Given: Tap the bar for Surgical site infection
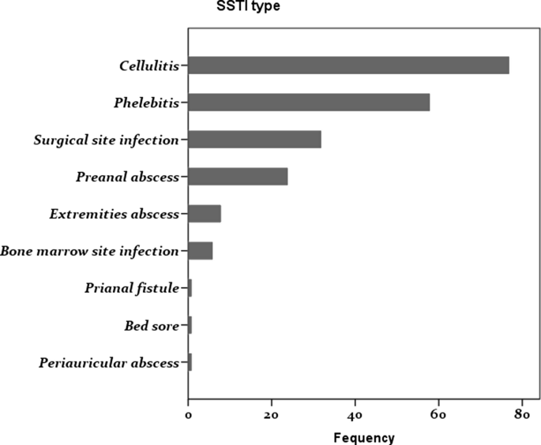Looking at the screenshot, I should (x=254, y=140).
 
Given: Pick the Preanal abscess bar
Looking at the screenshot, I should (x=238, y=177).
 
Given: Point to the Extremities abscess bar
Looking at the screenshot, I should (x=205, y=214).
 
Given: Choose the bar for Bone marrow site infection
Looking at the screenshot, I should (x=201, y=251).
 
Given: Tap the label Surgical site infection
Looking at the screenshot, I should (x=107, y=140).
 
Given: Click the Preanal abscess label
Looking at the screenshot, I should (x=128, y=177).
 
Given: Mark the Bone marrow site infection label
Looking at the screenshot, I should (x=90, y=251).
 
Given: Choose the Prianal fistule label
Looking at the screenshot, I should (x=132, y=288).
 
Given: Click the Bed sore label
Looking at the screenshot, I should (x=152, y=325).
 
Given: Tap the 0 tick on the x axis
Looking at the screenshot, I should (x=188, y=413).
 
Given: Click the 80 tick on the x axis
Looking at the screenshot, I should (x=521, y=413).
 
